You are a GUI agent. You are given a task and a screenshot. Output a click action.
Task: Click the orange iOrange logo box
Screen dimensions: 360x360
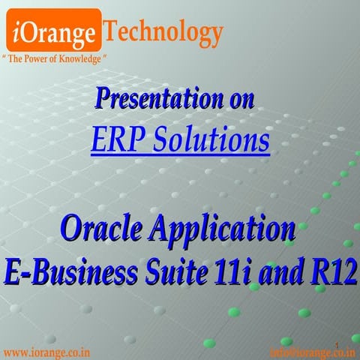[x=54, y=31]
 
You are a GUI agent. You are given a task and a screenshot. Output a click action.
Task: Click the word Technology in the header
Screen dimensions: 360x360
[x=163, y=32]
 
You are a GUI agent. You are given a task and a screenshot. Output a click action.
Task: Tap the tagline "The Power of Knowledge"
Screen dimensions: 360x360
[x=55, y=58]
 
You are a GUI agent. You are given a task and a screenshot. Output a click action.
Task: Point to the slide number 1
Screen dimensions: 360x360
[x=337, y=344]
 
